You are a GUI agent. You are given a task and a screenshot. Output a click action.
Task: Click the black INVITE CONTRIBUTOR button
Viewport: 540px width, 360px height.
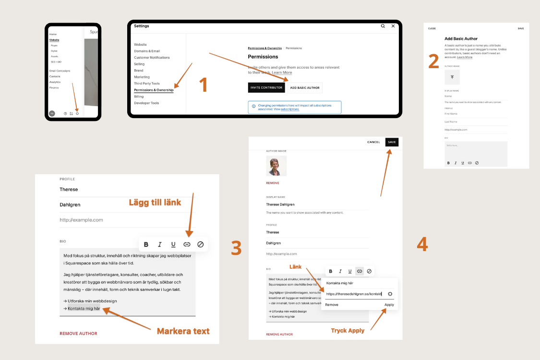pyautogui.click(x=266, y=87)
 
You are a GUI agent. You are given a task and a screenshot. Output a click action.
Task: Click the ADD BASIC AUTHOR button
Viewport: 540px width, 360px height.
pyautogui.click(x=305, y=87)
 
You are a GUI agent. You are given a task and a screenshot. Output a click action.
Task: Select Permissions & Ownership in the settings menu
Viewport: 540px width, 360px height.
pyautogui.click(x=153, y=90)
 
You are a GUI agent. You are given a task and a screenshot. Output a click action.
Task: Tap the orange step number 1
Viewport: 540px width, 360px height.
pyautogui.click(x=204, y=85)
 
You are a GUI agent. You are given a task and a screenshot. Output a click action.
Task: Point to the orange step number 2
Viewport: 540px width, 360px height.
pyautogui.click(x=433, y=61)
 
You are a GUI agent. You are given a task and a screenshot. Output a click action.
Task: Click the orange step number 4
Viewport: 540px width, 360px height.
pyautogui.click(x=422, y=244)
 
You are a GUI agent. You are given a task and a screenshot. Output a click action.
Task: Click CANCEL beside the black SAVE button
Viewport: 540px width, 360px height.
pyautogui.click(x=373, y=142)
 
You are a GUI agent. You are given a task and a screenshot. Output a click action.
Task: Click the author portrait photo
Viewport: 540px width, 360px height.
pyautogui.click(x=276, y=166)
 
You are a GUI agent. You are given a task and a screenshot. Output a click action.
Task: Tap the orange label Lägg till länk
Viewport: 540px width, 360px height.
pyautogui.click(x=155, y=203)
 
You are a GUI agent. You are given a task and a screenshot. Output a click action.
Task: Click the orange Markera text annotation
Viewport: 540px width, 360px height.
pyautogui.click(x=183, y=331)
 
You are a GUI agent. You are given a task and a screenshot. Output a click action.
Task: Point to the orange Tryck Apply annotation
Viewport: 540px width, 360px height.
pyautogui.click(x=348, y=330)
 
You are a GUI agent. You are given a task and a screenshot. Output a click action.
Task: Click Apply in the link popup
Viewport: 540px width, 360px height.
pyautogui.click(x=389, y=305)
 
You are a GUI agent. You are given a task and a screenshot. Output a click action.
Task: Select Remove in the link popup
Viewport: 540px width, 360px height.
pyautogui.click(x=332, y=305)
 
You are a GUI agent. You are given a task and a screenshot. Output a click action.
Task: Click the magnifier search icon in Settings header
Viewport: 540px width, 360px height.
pyautogui.click(x=383, y=26)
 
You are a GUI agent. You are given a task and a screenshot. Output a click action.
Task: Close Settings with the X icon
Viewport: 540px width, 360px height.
pyautogui.click(x=393, y=26)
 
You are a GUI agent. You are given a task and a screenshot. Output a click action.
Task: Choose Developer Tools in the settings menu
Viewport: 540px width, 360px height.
pyautogui.click(x=146, y=103)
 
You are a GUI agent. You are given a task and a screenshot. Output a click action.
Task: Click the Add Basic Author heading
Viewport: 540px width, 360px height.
pyautogui.click(x=461, y=38)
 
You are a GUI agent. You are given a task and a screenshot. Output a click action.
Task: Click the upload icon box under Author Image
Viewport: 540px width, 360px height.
pyautogui.click(x=452, y=77)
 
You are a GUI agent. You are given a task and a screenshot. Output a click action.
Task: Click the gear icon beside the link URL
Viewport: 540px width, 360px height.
pyautogui.click(x=390, y=294)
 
